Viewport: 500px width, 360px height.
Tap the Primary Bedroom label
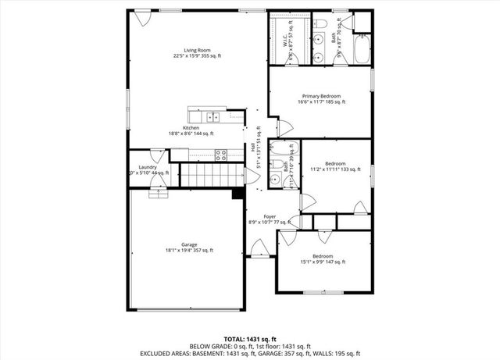[x=322, y=96]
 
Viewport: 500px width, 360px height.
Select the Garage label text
[x=189, y=244]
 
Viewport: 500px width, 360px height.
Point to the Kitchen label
[x=191, y=128]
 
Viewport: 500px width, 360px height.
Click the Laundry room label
[x=148, y=167]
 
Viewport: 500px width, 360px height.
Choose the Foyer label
[x=269, y=216]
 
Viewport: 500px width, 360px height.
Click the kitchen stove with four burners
[x=220, y=154]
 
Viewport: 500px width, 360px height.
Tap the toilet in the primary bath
[x=362, y=37]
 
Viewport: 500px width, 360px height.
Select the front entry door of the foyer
[x=255, y=251]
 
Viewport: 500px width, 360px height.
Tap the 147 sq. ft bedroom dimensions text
[x=323, y=262]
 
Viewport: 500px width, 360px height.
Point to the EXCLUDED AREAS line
[x=249, y=353]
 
